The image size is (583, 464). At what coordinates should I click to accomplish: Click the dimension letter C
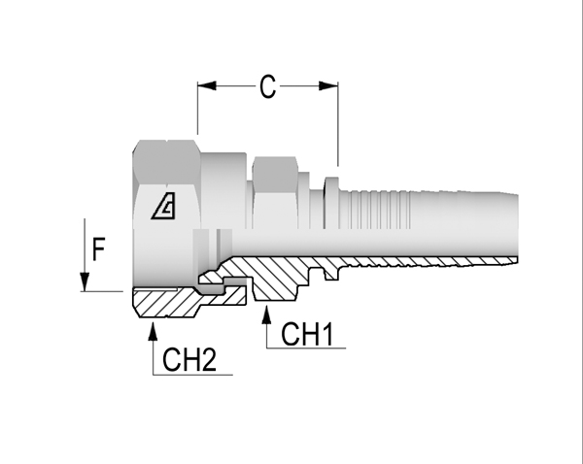click(267, 88)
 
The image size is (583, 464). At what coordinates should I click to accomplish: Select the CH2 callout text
click(189, 361)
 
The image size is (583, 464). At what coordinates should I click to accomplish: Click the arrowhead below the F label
click(86, 282)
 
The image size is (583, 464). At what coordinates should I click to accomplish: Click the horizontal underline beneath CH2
click(194, 374)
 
